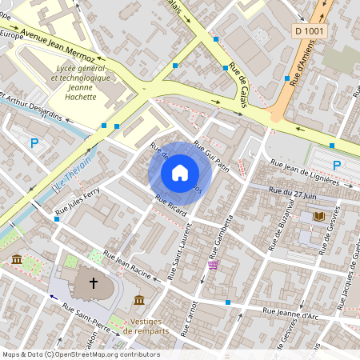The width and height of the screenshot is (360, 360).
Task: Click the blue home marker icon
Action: coord(180,173)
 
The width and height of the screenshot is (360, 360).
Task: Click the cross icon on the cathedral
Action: coord(94,282)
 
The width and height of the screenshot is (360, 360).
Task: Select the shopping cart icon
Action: coord(213,265)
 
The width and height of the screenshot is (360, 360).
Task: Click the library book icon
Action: coord(319,217)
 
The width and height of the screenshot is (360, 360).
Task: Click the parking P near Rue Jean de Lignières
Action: coord(337,166)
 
